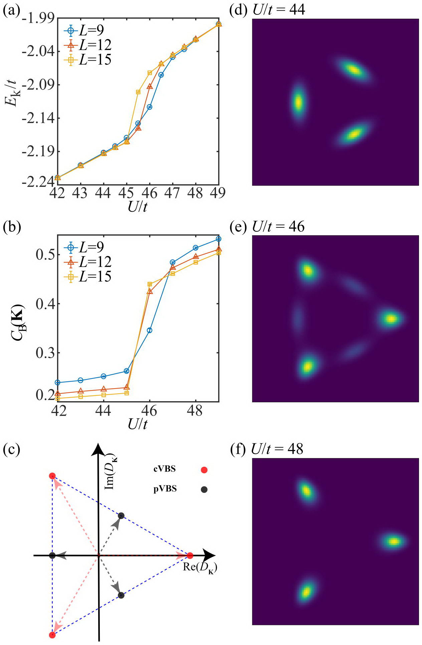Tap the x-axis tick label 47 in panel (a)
coord(173,193)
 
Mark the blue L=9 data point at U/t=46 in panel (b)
coord(150,330)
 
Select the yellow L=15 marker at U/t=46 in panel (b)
coord(150,284)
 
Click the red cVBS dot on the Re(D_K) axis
coord(190,556)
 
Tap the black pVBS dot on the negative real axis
coord(52,556)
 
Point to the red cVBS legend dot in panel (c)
coord(204,470)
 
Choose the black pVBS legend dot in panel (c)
coord(204,490)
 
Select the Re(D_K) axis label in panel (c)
coord(200,568)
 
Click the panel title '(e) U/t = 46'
coord(267,227)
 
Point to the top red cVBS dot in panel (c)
coord(52,476)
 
